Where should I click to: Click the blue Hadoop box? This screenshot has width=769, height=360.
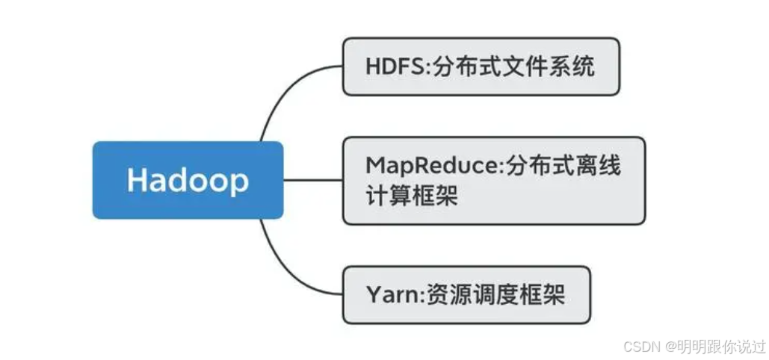point(188,180)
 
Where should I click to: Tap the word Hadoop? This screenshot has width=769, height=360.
point(188,181)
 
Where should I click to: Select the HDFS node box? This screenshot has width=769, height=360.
point(481,66)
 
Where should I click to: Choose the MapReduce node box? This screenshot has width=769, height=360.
point(494,181)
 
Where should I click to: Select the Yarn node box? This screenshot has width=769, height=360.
point(466,295)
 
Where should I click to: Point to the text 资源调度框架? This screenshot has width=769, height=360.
point(493,295)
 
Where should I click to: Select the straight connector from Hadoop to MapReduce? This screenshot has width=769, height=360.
point(313,180)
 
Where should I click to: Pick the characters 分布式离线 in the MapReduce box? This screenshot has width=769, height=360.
point(559,167)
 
